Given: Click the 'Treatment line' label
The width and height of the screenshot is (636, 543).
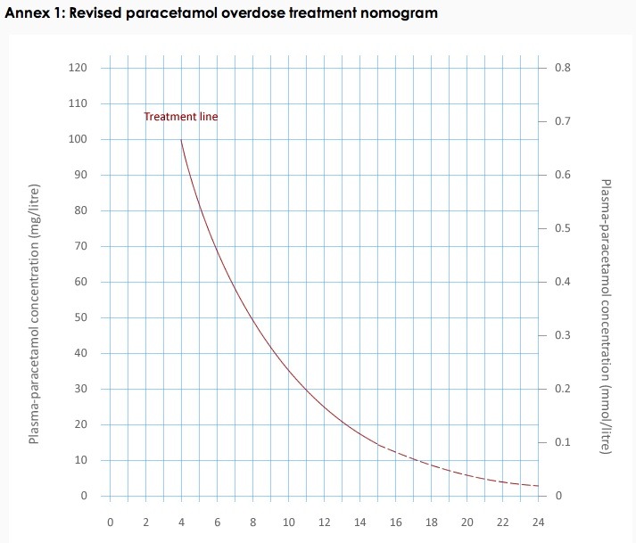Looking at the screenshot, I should click(x=180, y=117).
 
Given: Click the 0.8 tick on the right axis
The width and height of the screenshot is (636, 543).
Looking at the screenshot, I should click(x=562, y=68).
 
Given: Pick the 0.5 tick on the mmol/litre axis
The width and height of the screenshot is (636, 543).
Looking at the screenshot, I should click(x=562, y=228).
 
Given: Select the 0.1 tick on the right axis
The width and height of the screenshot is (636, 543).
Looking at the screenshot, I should click(x=562, y=442).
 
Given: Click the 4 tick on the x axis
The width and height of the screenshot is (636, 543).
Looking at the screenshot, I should click(x=181, y=522).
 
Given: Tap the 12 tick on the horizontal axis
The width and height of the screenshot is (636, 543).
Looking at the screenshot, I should click(x=324, y=522).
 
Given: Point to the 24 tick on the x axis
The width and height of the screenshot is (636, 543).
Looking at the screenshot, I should click(x=538, y=522).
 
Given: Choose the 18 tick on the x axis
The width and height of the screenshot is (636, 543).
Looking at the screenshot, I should click(x=431, y=522).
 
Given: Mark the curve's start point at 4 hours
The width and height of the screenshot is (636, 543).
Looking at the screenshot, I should click(x=181, y=140).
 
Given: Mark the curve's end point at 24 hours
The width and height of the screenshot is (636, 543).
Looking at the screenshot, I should click(x=538, y=486).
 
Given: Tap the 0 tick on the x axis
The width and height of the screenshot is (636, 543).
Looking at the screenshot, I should click(x=110, y=522).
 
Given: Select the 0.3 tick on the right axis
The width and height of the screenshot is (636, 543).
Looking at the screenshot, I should click(x=562, y=335).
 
